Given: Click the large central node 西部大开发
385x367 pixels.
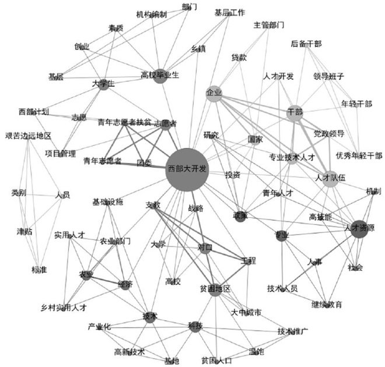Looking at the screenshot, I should coord(187,169).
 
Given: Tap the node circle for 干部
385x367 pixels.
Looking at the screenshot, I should coord(295,112).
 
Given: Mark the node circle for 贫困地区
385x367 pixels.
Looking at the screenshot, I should coord(215,289).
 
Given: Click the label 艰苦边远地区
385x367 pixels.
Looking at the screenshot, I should coord(27,135).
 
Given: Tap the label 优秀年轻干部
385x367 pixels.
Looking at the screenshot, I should coord(359,155).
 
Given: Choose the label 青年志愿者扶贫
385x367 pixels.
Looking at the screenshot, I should coord(125,122).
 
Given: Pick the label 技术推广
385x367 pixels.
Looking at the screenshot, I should coord(293,331).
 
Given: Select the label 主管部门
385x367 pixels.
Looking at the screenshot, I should coord(269,25).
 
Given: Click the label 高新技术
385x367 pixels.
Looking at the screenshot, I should coord(129,352).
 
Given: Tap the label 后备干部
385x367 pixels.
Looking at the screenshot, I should coord(306,44).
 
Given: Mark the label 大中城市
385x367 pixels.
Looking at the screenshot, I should coord(246,312).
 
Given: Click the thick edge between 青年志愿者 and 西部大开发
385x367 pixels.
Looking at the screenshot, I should coord(143,165).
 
